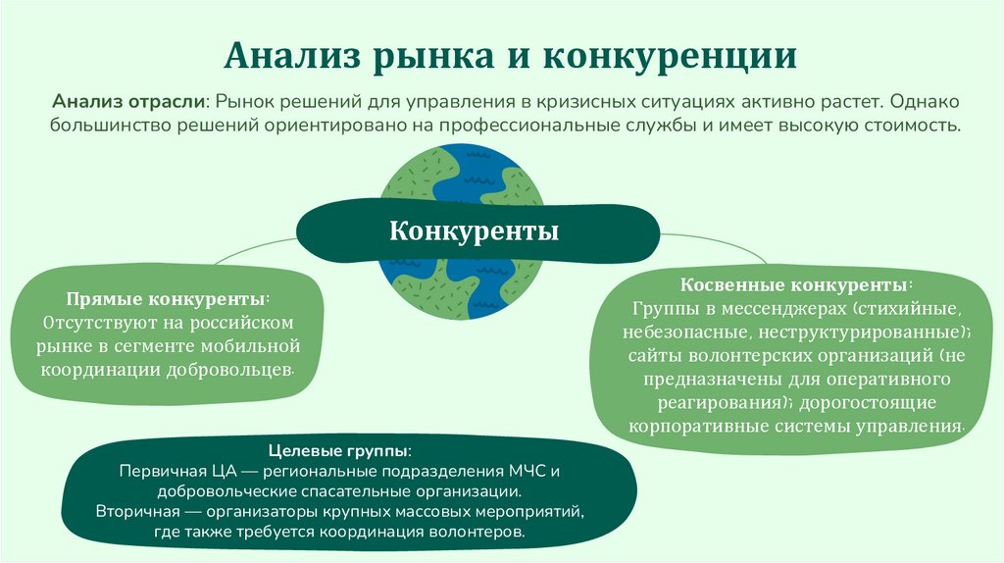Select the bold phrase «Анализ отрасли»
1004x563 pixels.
click(x=129, y=102)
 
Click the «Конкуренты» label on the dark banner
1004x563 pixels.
click(x=475, y=231)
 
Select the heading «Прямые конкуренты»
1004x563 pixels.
click(x=167, y=298)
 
